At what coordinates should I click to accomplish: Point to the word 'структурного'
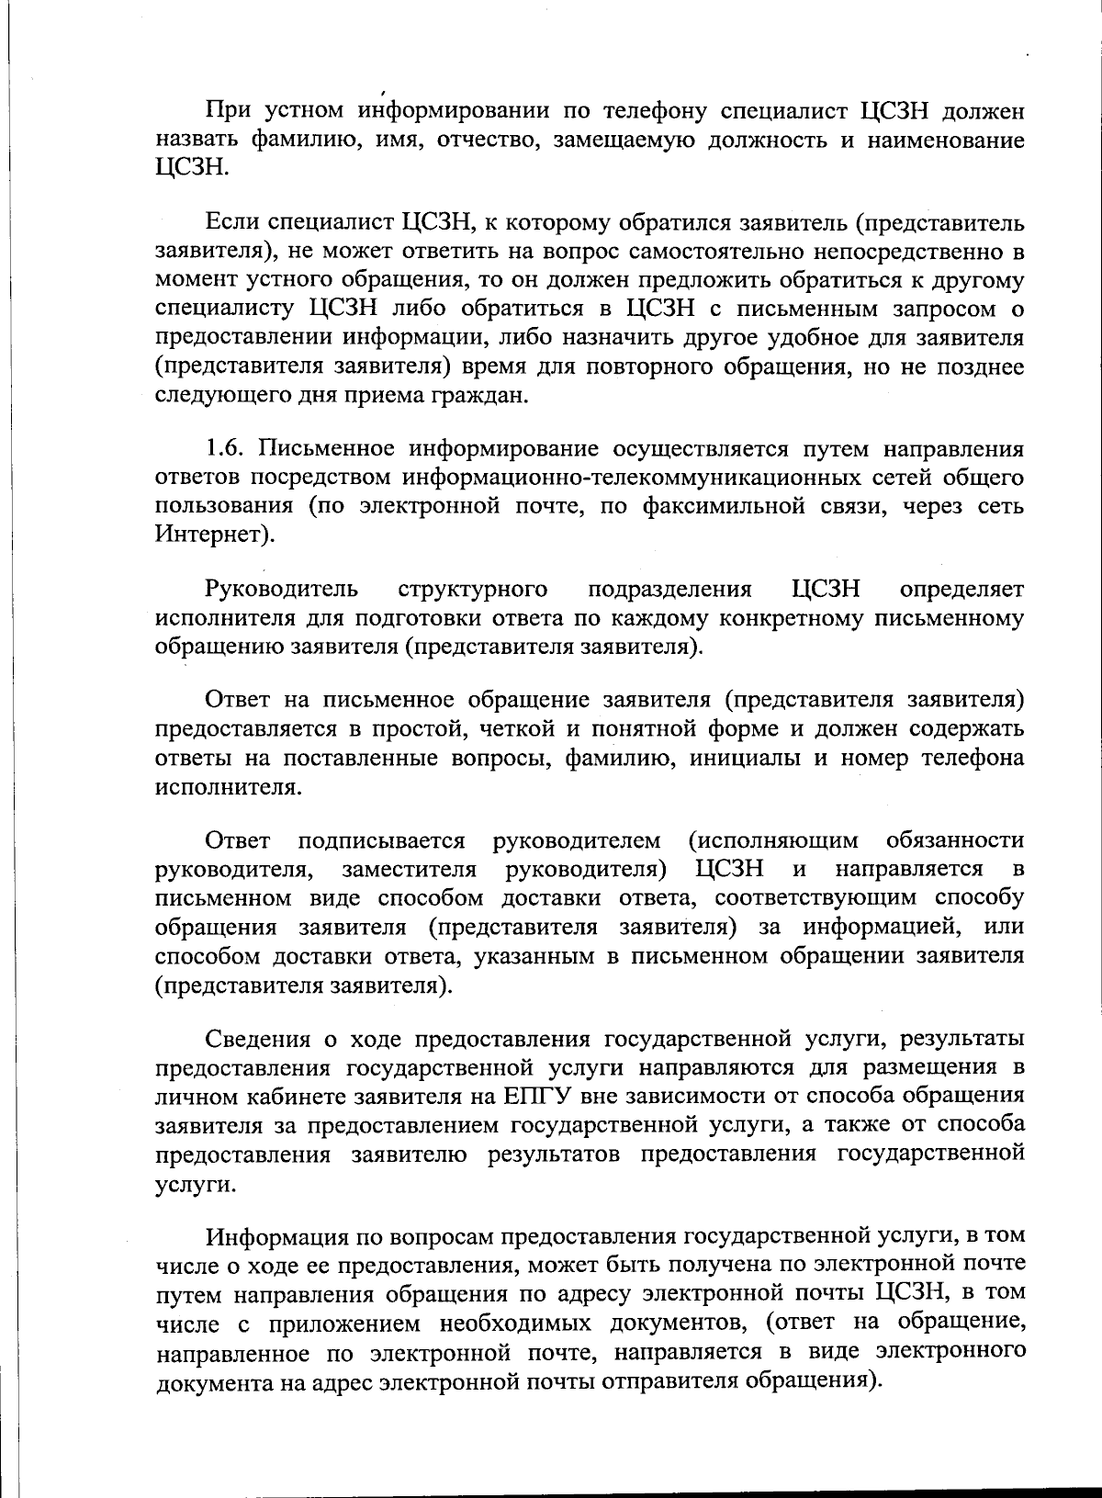(474, 589)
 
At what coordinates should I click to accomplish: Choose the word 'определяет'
(962, 589)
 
